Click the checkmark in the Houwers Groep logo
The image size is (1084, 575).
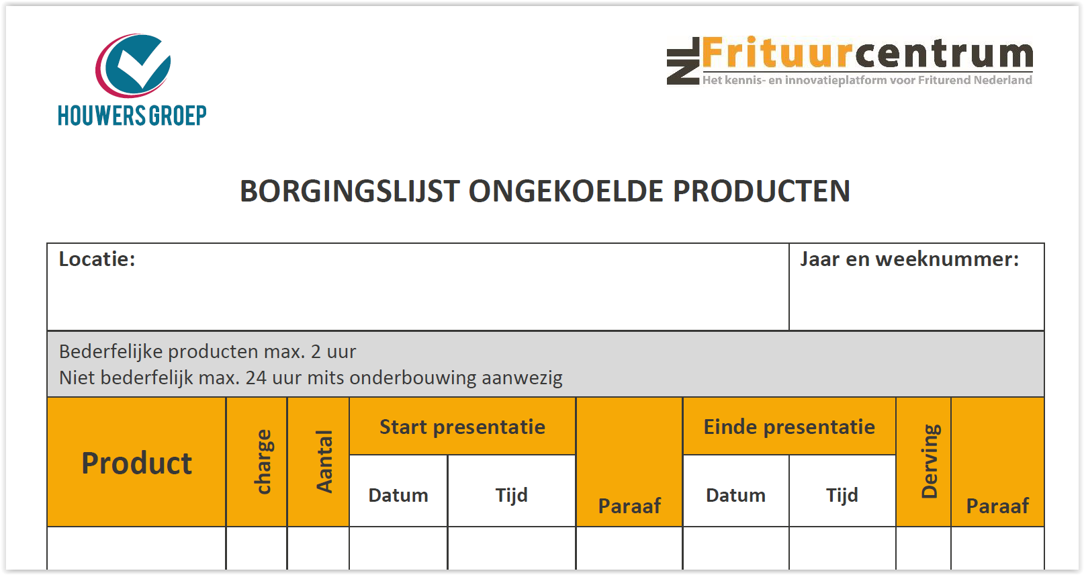coord(141,63)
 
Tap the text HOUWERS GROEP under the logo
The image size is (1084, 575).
coord(132,116)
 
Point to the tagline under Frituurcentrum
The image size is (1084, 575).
coord(867,80)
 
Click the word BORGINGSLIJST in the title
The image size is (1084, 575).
coord(349,191)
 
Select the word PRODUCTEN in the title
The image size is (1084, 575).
coord(762,191)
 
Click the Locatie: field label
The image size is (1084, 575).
coord(97,259)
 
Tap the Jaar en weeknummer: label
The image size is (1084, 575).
coord(909,259)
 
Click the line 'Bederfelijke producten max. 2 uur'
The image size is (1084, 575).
coord(208,352)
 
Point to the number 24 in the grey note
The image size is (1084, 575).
coord(256,378)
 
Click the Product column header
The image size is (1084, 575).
coord(137,463)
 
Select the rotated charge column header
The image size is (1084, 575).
coord(263,461)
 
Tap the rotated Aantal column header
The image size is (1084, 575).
coord(324,461)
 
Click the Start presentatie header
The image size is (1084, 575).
coord(462,427)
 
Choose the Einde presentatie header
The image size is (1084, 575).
coord(789,427)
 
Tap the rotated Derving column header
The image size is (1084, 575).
coord(931,461)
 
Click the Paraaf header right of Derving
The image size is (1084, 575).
coord(997,506)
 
